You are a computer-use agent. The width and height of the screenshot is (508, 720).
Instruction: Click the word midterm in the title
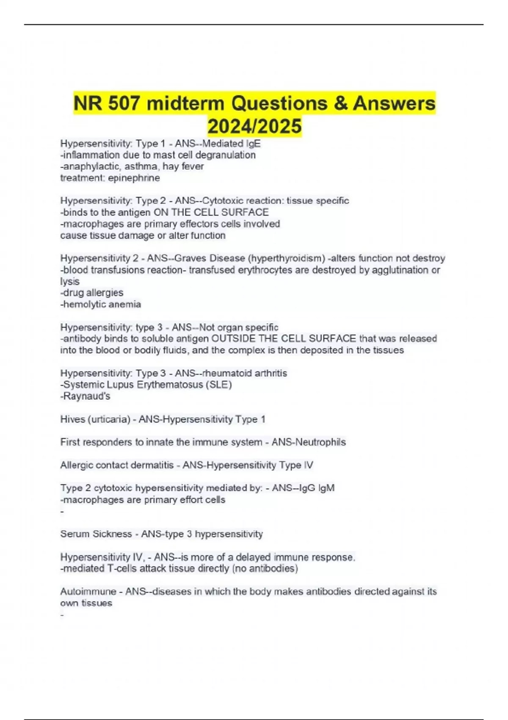tap(182, 103)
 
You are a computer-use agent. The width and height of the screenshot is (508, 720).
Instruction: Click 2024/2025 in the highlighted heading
tap(254, 126)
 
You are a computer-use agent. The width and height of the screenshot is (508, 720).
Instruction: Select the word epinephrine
tap(134, 178)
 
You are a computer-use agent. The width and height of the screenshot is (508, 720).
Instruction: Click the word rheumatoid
tap(224, 373)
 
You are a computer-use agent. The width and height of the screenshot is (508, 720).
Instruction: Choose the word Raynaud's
tap(87, 396)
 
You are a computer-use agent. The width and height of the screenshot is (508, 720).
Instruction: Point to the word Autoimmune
tap(88, 591)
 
